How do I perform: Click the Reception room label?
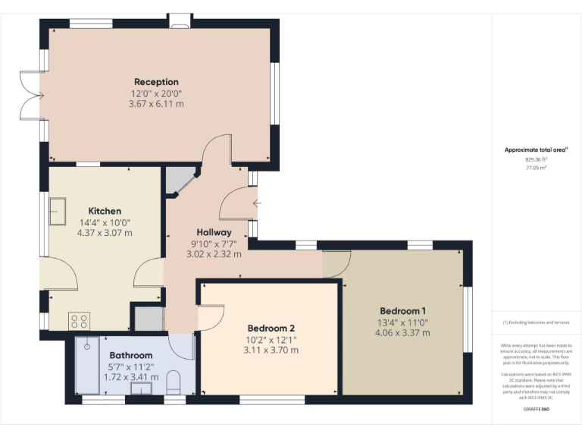(156, 82)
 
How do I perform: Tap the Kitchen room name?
(105, 211)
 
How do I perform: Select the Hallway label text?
(214, 232)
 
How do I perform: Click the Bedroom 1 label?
(403, 311)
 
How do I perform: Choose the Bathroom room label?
(130, 355)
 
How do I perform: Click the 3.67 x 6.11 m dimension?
(156, 104)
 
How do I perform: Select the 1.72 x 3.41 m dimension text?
(130, 376)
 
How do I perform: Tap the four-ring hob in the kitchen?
(80, 320)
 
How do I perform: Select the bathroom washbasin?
(141, 389)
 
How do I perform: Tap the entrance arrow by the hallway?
(258, 203)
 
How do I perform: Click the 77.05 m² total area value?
(536, 168)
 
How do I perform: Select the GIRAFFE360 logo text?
(536, 409)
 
